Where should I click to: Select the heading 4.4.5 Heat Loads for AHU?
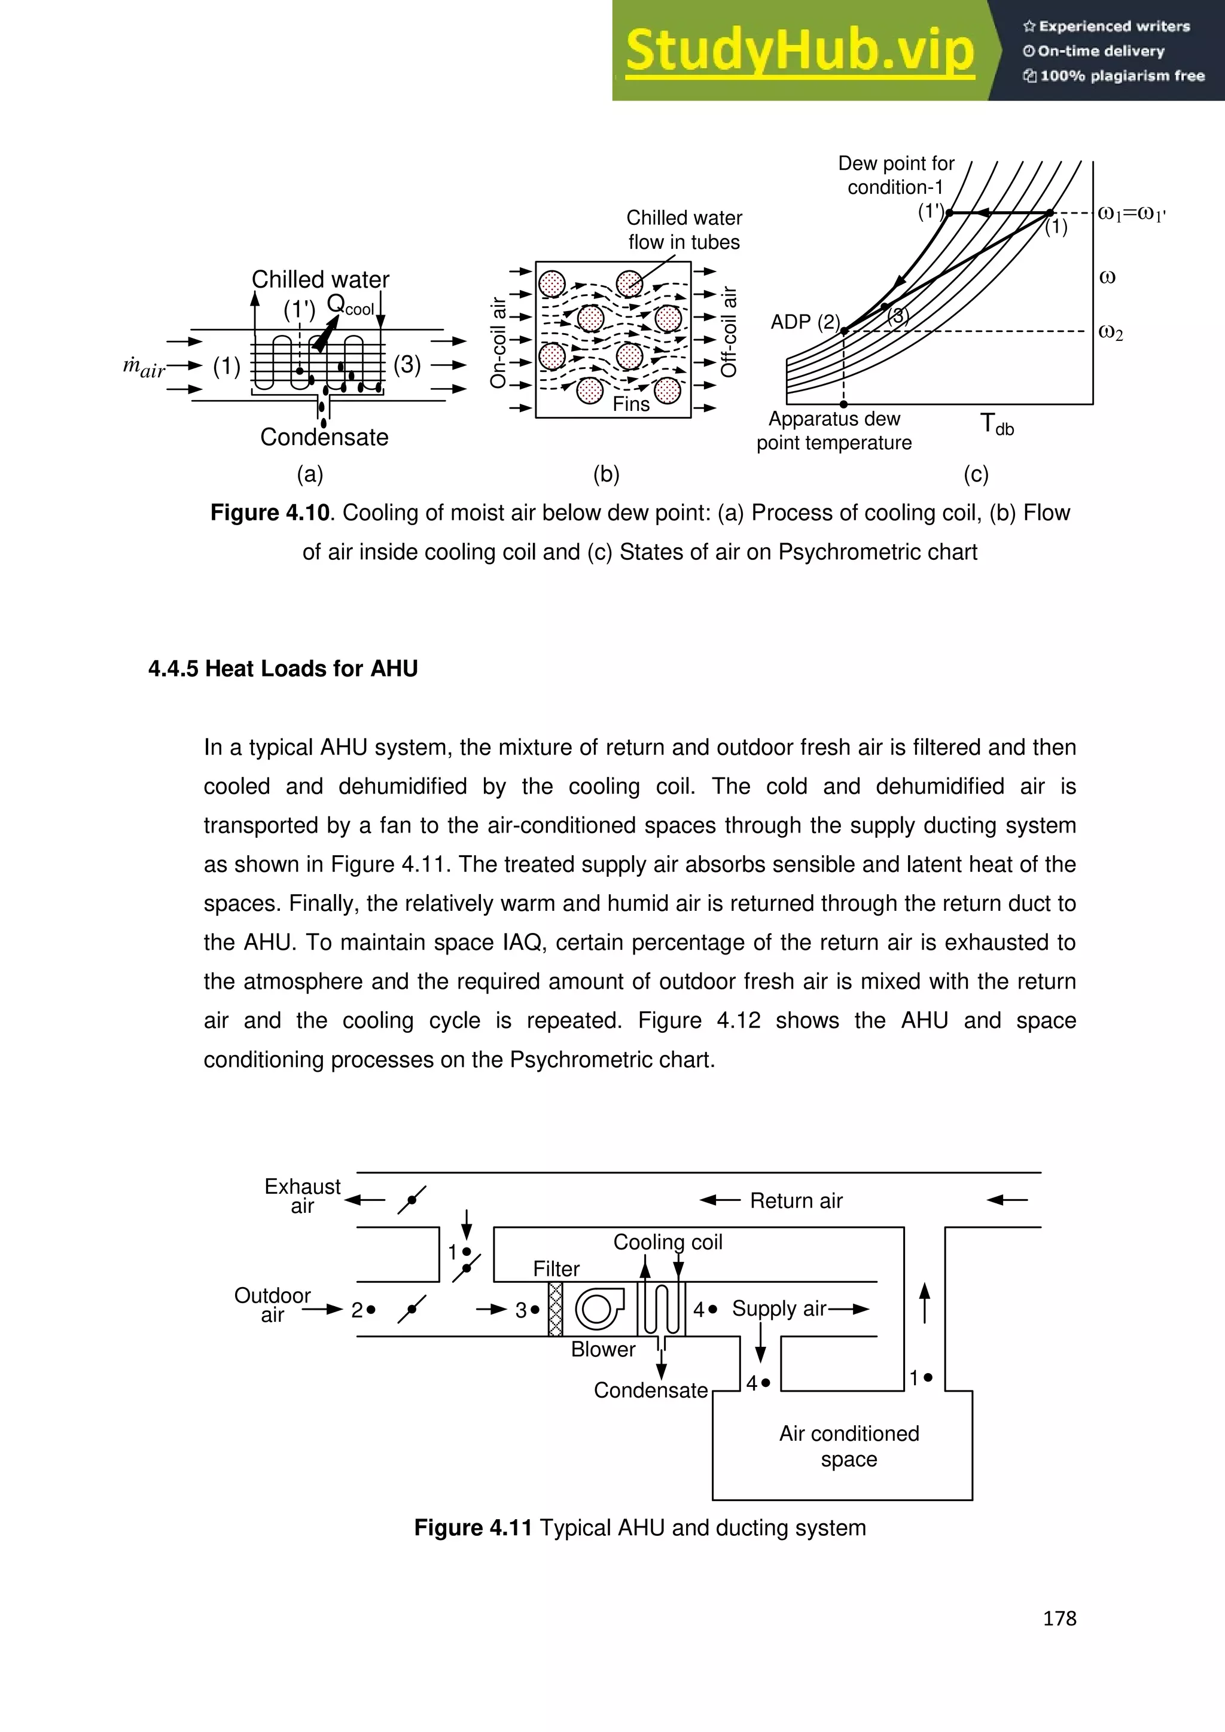[283, 669]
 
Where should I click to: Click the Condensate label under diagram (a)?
[324, 437]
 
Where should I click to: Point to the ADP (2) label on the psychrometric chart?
[805, 322]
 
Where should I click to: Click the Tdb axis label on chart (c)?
[996, 424]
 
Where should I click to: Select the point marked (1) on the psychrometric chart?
[1051, 214]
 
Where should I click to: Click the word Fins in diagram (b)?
[630, 404]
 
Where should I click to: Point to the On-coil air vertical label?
[498, 343]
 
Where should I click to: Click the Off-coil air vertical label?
[729, 331]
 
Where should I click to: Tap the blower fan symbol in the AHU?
[600, 1309]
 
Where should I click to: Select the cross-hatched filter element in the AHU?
[555, 1309]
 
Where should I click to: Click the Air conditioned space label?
[849, 1446]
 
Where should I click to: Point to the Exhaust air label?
[303, 1196]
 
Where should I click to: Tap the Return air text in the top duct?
[796, 1201]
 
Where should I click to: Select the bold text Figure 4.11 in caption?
[473, 1527]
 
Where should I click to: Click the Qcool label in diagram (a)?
[350, 305]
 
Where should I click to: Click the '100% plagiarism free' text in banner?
[1122, 75]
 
